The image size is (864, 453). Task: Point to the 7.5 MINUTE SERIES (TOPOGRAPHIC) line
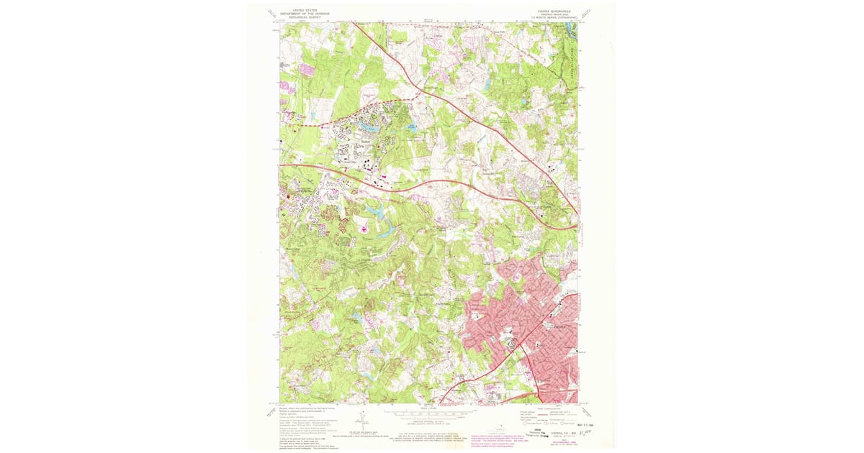[552, 17]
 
